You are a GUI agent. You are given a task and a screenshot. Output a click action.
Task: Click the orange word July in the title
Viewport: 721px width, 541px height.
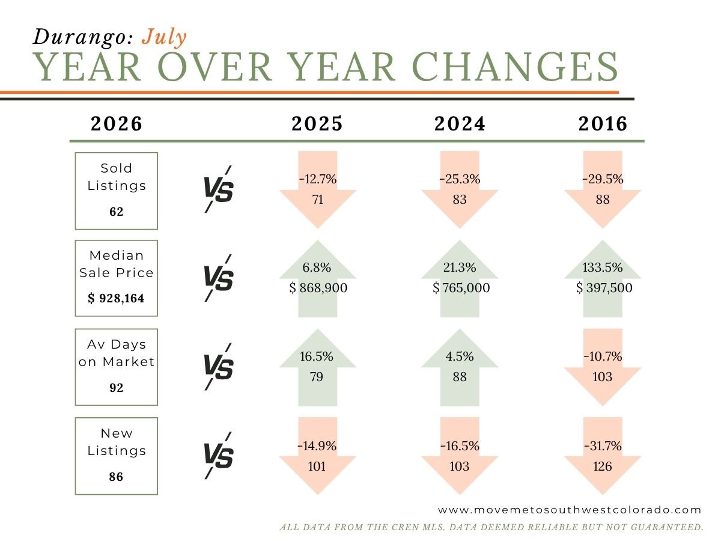coord(164,37)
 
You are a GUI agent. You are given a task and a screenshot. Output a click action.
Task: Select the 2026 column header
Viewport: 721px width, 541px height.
coord(117,124)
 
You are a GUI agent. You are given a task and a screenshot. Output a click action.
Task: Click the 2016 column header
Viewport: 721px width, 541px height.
coord(603,124)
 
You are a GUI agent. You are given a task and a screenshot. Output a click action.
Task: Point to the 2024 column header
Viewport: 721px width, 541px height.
coord(460,124)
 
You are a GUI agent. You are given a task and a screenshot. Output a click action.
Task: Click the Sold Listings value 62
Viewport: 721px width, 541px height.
coord(117,212)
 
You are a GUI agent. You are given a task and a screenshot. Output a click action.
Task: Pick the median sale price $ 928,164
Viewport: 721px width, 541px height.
coord(116,298)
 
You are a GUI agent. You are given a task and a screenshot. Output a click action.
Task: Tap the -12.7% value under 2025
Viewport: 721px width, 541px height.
coord(318,179)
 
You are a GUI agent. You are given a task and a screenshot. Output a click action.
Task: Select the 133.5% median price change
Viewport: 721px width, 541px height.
coord(603,267)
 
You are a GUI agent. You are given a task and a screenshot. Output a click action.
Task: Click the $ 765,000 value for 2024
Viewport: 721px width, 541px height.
coord(461,288)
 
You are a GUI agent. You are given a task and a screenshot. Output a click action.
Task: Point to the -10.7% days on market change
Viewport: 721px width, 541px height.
coord(603,356)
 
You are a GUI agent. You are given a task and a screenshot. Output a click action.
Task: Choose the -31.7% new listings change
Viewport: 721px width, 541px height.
coord(603,446)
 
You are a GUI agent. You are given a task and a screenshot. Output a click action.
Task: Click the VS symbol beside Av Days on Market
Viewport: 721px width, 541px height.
coord(219,367)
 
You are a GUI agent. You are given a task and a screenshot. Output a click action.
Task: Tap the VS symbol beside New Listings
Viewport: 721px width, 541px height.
coord(219,455)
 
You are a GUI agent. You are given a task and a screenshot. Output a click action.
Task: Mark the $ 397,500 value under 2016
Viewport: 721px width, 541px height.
coord(604,288)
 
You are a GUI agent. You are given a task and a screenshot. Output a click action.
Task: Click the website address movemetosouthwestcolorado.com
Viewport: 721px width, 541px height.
coord(569,510)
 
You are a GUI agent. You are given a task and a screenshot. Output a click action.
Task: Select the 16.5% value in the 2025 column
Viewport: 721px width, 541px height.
coord(316,356)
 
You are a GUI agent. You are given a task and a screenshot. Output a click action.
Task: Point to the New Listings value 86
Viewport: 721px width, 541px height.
coord(116,477)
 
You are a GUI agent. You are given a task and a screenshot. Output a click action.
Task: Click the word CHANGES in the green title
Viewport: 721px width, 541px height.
coord(515,67)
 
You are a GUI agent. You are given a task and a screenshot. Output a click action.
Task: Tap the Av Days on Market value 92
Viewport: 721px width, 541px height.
coord(117,388)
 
